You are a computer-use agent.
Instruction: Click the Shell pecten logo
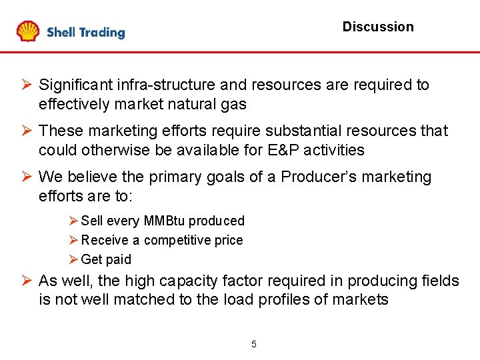coord(28,31)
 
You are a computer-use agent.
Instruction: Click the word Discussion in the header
coord(378,27)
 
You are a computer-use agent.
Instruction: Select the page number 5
coord(253,344)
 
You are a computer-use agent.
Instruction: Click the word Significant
coord(76,85)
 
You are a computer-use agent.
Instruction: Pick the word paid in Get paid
coord(119,259)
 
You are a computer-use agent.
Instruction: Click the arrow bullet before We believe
coord(27,177)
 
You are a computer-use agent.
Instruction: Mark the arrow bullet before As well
coord(27,281)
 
